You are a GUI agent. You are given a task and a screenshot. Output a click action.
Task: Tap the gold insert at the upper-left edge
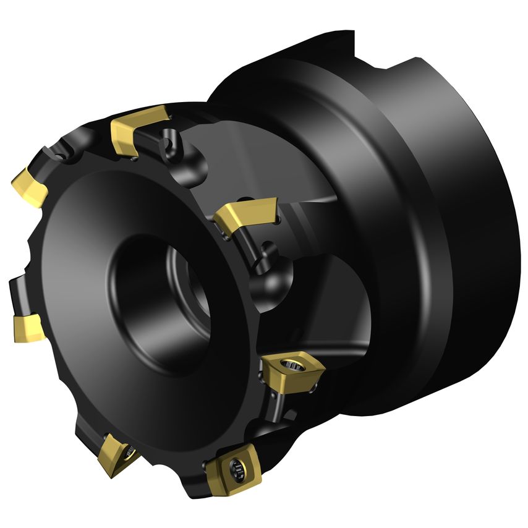tap(29, 184)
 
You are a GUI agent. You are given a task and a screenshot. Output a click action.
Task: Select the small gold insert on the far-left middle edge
tap(27, 327)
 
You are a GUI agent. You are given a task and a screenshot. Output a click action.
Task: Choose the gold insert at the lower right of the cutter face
tap(287, 372)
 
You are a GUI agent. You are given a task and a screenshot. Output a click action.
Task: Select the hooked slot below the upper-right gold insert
tap(267, 253)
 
